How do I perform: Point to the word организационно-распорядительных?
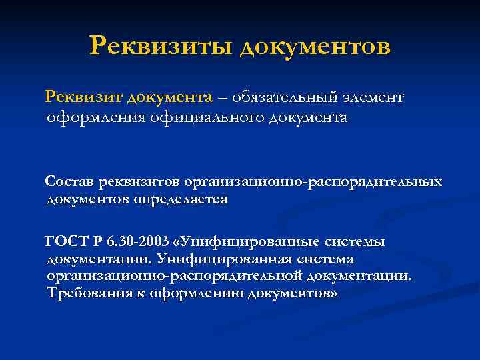(313, 181)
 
